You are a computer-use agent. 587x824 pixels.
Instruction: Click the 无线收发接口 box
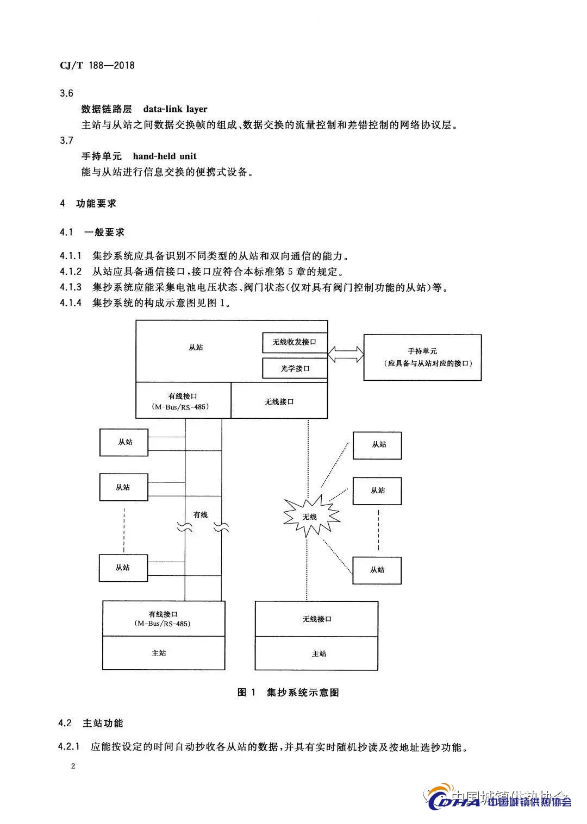(x=295, y=342)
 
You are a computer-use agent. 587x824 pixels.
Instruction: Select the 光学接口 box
(x=295, y=368)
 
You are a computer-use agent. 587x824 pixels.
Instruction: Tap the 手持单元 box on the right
(x=422, y=357)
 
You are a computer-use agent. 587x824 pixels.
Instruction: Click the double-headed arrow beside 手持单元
(x=346, y=354)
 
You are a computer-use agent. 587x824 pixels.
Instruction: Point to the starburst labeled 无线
(x=310, y=516)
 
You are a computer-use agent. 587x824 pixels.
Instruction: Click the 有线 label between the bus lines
(x=201, y=514)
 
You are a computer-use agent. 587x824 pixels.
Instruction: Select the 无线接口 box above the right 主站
(x=316, y=619)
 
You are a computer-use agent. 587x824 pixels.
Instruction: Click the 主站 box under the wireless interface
(x=316, y=653)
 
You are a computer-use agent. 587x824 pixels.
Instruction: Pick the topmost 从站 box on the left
(x=124, y=442)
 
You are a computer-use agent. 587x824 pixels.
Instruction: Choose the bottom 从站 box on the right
(x=377, y=570)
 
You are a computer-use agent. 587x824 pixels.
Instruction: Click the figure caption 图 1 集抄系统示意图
(x=288, y=692)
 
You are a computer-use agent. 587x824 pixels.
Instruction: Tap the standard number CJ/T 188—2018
(x=97, y=66)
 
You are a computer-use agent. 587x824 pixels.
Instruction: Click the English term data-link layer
(x=175, y=109)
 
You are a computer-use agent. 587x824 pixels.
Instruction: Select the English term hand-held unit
(x=165, y=156)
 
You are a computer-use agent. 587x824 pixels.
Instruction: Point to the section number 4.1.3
(x=71, y=287)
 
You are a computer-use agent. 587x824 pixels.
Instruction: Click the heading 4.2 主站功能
(x=91, y=723)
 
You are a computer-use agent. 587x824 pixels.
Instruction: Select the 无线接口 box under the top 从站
(x=279, y=401)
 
